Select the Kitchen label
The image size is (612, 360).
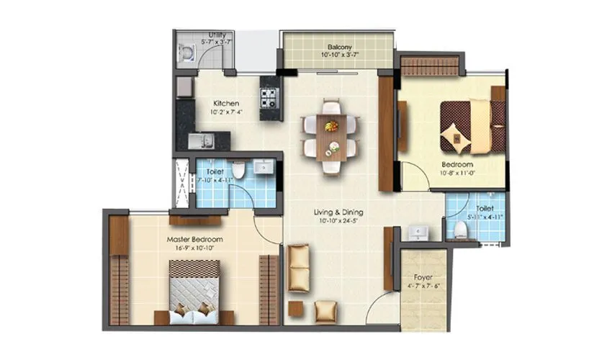click(x=225, y=103)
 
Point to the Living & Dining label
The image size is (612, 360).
click(x=338, y=212)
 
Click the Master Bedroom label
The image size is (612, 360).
click(x=194, y=239)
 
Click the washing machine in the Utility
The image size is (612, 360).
click(x=186, y=52)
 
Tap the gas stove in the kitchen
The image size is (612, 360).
click(x=269, y=94)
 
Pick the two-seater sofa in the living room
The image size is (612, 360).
click(x=298, y=267)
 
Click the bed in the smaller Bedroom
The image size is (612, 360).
click(x=472, y=126)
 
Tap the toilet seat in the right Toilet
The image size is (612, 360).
click(x=459, y=229)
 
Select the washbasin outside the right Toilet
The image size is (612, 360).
click(x=418, y=232)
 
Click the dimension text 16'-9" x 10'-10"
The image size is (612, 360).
click(x=194, y=248)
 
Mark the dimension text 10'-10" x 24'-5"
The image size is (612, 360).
click(x=338, y=222)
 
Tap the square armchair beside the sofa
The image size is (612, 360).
click(x=325, y=310)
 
